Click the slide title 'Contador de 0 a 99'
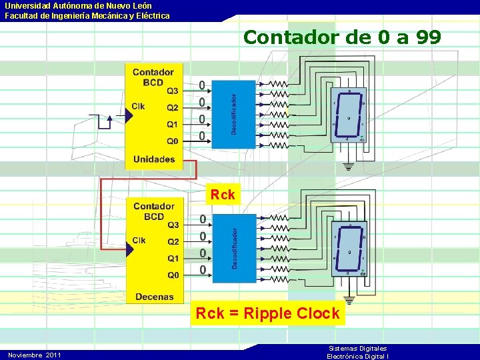click(x=342, y=37)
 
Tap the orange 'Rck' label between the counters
click(x=223, y=195)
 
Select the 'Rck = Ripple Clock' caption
click(x=267, y=313)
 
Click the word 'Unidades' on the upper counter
click(x=154, y=159)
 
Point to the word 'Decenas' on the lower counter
click(x=154, y=297)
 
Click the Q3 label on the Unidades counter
click(x=173, y=91)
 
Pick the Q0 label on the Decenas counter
click(x=173, y=275)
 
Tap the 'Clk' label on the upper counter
click(x=138, y=106)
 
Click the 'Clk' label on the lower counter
click(x=139, y=240)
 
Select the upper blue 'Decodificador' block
click(x=233, y=113)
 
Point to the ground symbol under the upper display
click(x=347, y=165)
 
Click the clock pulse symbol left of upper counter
click(x=104, y=121)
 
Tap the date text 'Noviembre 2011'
click(x=35, y=355)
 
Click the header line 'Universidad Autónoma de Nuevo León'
click(x=79, y=5)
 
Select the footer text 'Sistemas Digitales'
click(x=358, y=349)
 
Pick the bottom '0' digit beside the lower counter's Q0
click(x=202, y=270)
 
